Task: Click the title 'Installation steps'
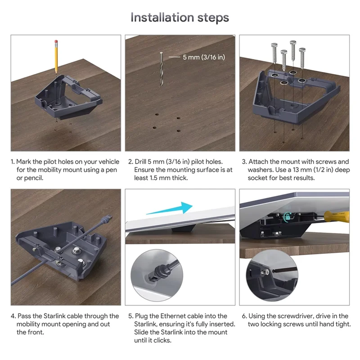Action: tap(180, 18)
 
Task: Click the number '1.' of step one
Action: tap(13, 162)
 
